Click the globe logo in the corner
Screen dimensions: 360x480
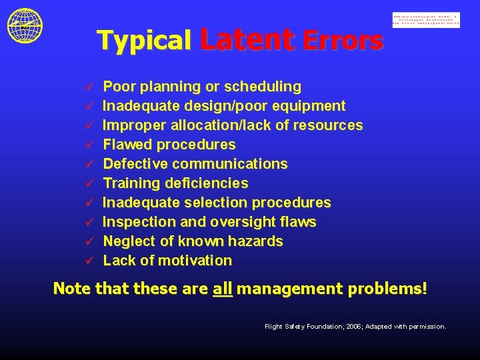(x=25, y=25)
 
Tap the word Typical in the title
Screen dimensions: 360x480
(x=144, y=41)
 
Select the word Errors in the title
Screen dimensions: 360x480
(x=343, y=41)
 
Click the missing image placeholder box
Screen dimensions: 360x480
(x=426, y=20)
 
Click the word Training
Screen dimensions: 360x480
(x=129, y=183)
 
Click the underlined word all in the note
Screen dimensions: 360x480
(x=222, y=289)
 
